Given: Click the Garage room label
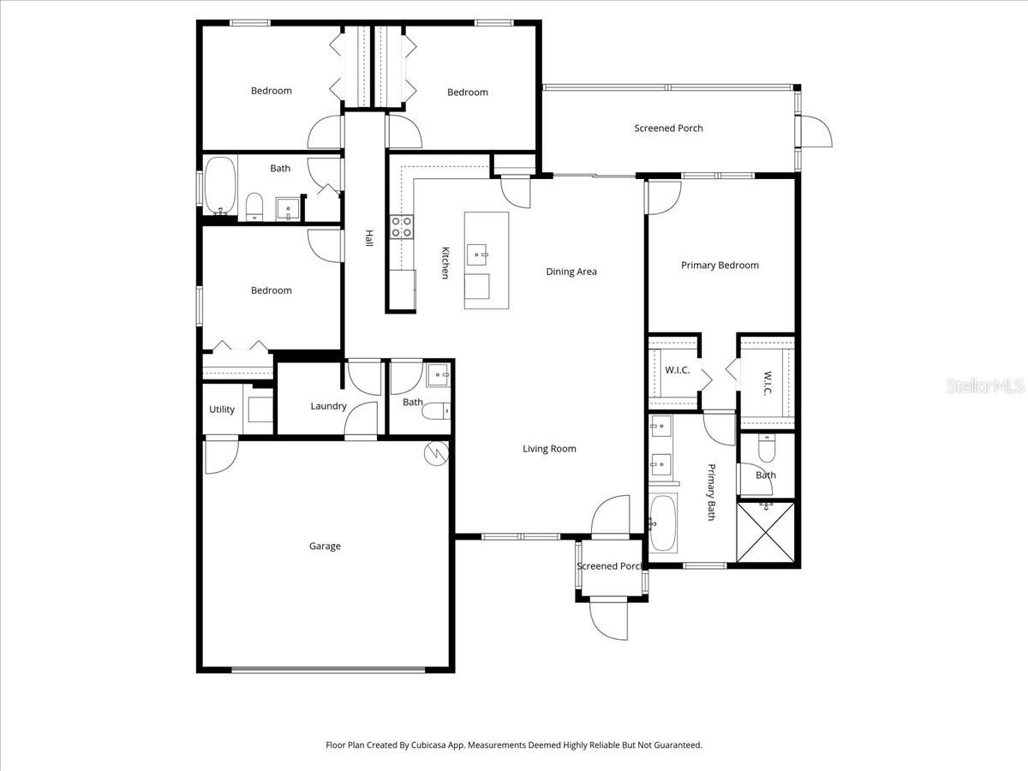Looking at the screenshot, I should coord(325,546).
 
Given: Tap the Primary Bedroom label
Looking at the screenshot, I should coord(720,266).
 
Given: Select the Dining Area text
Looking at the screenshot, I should coord(571,272).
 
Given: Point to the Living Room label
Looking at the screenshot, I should coord(549,449).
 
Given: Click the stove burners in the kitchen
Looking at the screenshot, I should coord(401,226).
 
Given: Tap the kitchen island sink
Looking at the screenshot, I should coord(478,254).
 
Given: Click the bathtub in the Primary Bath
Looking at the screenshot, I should coord(662,522).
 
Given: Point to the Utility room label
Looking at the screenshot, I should coord(222,409).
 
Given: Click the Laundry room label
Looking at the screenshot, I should coord(328,406).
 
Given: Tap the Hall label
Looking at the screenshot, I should coord(369,239).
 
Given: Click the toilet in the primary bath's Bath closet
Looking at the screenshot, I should coord(767,448).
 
